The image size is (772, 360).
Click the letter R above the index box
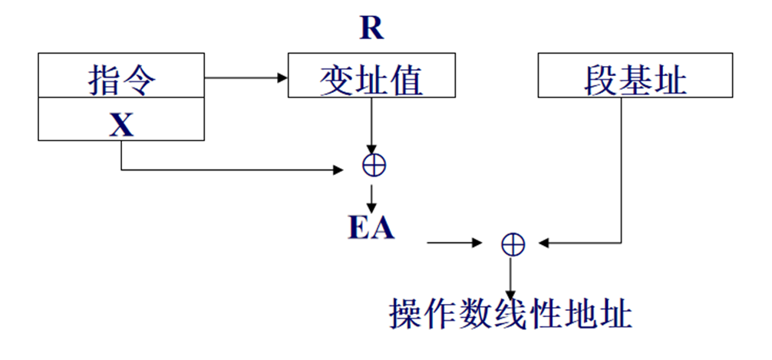371,29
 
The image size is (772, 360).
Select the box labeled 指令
121,76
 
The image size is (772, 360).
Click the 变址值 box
371,76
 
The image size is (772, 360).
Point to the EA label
371,228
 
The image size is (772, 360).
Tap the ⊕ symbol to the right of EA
512,243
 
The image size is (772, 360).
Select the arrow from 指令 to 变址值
246,77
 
